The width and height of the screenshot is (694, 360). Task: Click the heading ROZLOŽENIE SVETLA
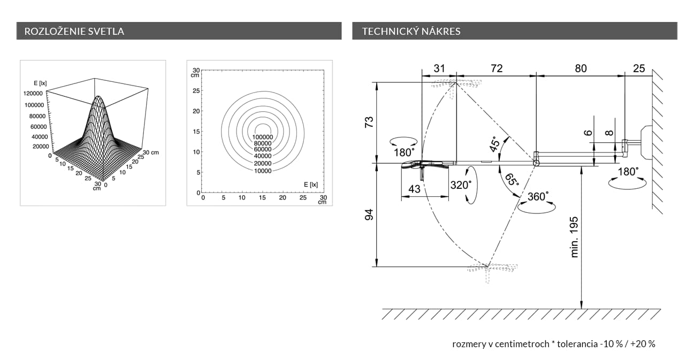point(74,31)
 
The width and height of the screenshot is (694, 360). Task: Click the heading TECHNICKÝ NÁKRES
point(411,31)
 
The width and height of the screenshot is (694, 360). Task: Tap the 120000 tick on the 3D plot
point(33,93)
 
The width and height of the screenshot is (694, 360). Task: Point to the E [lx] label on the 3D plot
point(40,83)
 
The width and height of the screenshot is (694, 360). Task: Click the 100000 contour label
point(263,137)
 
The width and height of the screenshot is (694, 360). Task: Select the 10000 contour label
point(263,171)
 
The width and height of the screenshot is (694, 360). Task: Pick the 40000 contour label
point(263,156)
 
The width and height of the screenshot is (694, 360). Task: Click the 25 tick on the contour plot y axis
point(196,91)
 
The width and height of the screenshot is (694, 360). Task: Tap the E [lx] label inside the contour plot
point(311,185)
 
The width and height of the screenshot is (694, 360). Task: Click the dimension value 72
point(497,68)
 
